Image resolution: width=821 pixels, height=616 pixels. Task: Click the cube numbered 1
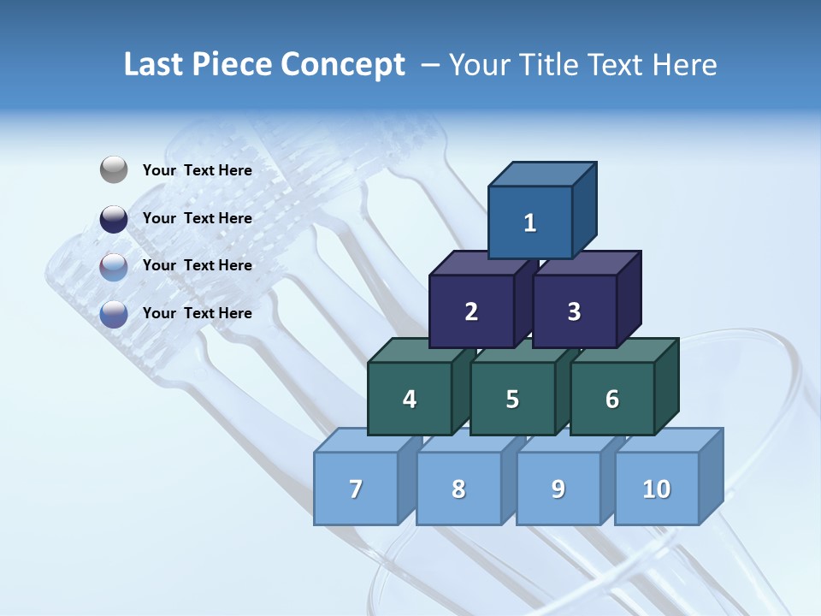(x=530, y=222)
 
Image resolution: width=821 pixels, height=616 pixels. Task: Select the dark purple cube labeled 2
(x=471, y=311)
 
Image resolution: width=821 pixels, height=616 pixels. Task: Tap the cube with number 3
(x=574, y=311)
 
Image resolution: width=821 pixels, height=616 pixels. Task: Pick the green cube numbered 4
(x=410, y=399)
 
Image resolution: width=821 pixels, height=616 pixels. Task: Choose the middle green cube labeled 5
(x=512, y=399)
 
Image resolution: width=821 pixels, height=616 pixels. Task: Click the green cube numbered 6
(x=612, y=399)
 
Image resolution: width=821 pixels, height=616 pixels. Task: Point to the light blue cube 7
(x=356, y=489)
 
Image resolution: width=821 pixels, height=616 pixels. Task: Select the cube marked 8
(x=458, y=489)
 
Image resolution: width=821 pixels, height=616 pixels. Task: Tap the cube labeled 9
(x=558, y=489)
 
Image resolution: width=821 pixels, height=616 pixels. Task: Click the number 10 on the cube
(x=657, y=489)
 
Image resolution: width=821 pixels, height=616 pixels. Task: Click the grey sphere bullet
(x=114, y=170)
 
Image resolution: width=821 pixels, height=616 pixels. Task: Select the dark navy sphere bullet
(x=114, y=219)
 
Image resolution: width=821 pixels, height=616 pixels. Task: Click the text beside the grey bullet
(x=198, y=170)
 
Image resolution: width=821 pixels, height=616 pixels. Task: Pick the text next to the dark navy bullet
(x=198, y=218)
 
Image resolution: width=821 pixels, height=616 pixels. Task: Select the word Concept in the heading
(x=343, y=64)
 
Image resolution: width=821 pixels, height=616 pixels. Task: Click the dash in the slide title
(x=432, y=64)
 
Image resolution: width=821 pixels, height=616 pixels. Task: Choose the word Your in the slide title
(x=480, y=64)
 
